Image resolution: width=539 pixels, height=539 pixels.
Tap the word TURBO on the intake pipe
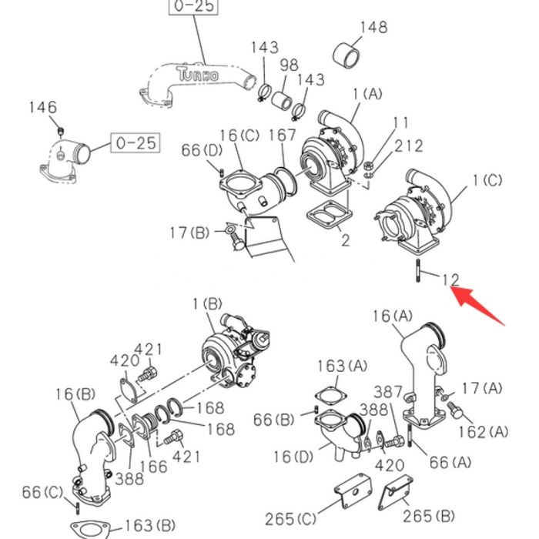[x=196, y=75]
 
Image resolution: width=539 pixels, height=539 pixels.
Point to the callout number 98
[x=289, y=65]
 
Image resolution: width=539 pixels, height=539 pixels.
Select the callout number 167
[x=283, y=136]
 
